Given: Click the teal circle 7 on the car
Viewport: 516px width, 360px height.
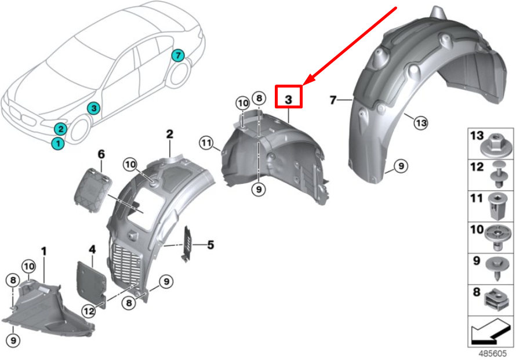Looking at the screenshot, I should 178,56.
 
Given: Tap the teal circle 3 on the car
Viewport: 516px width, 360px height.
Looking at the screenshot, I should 94,108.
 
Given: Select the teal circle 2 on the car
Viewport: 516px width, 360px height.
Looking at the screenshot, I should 60,129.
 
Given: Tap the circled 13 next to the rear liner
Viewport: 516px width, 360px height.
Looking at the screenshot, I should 420,123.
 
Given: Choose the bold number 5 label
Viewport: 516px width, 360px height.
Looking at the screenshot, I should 210,245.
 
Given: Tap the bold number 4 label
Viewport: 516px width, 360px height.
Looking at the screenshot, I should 92,250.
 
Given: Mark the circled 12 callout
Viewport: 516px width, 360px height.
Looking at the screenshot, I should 88,311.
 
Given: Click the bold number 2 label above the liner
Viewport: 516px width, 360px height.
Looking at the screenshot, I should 170,134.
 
